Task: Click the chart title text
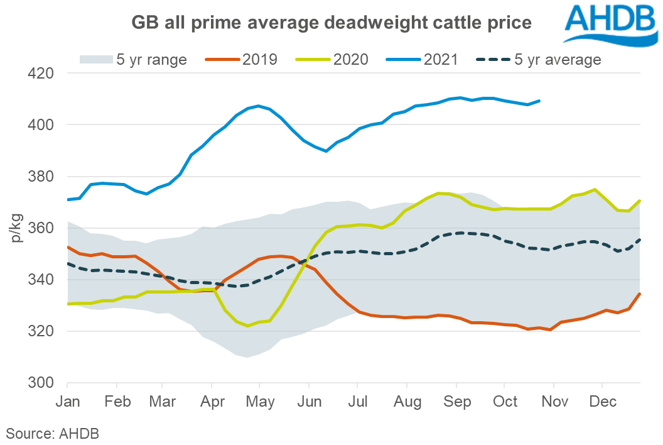[x=331, y=23]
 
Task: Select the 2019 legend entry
[x=241, y=60]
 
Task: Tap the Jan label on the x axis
[x=68, y=400]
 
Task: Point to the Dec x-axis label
[x=601, y=400]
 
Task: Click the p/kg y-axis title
[x=16, y=228]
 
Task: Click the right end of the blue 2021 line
[x=540, y=101]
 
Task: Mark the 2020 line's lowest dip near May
[x=248, y=326]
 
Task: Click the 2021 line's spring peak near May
[x=258, y=106]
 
